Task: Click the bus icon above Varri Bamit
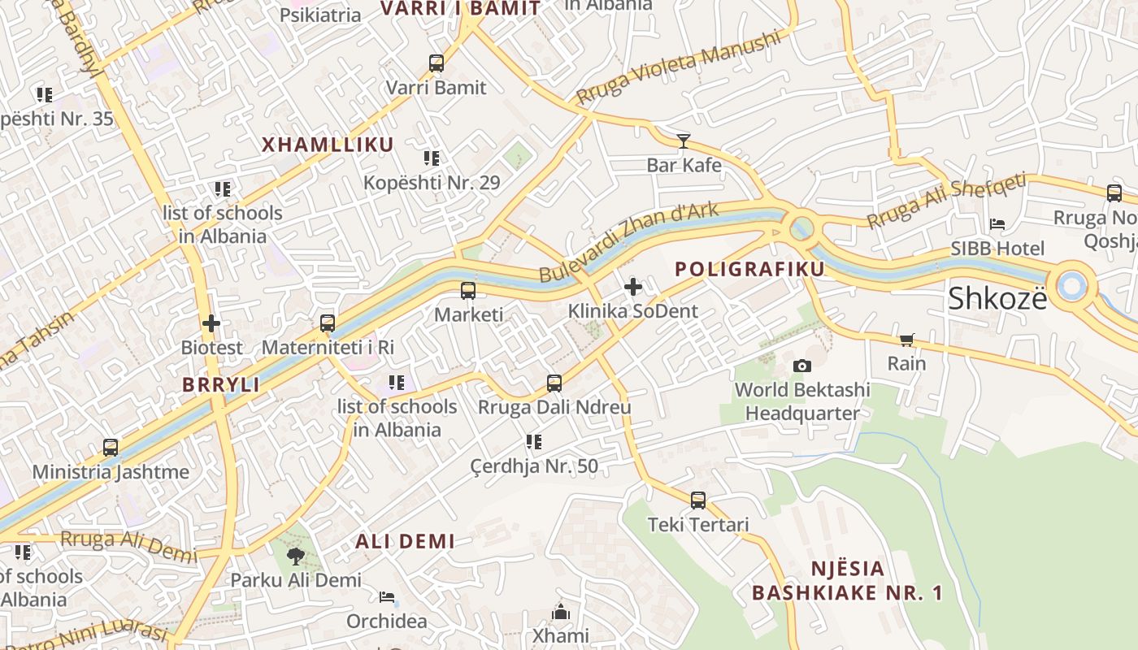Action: (x=437, y=63)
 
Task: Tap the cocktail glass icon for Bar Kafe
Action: (x=684, y=141)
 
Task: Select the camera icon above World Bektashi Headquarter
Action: (x=802, y=366)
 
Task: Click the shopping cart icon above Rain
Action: (x=906, y=340)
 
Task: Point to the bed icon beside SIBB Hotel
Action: (x=997, y=224)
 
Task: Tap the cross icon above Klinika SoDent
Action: (x=633, y=287)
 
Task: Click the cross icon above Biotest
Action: (x=211, y=323)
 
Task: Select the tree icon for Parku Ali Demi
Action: (x=295, y=557)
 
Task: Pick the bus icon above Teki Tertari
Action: (x=698, y=500)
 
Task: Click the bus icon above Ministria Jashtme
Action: (x=111, y=448)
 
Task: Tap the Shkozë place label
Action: (x=997, y=299)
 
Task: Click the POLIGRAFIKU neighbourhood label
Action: (x=749, y=269)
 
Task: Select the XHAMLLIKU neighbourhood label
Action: (x=328, y=145)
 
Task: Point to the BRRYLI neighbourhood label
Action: (x=221, y=385)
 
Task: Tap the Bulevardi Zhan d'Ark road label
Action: (x=629, y=242)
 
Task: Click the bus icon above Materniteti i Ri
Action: (x=328, y=323)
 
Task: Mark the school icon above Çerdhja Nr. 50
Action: (x=533, y=442)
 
